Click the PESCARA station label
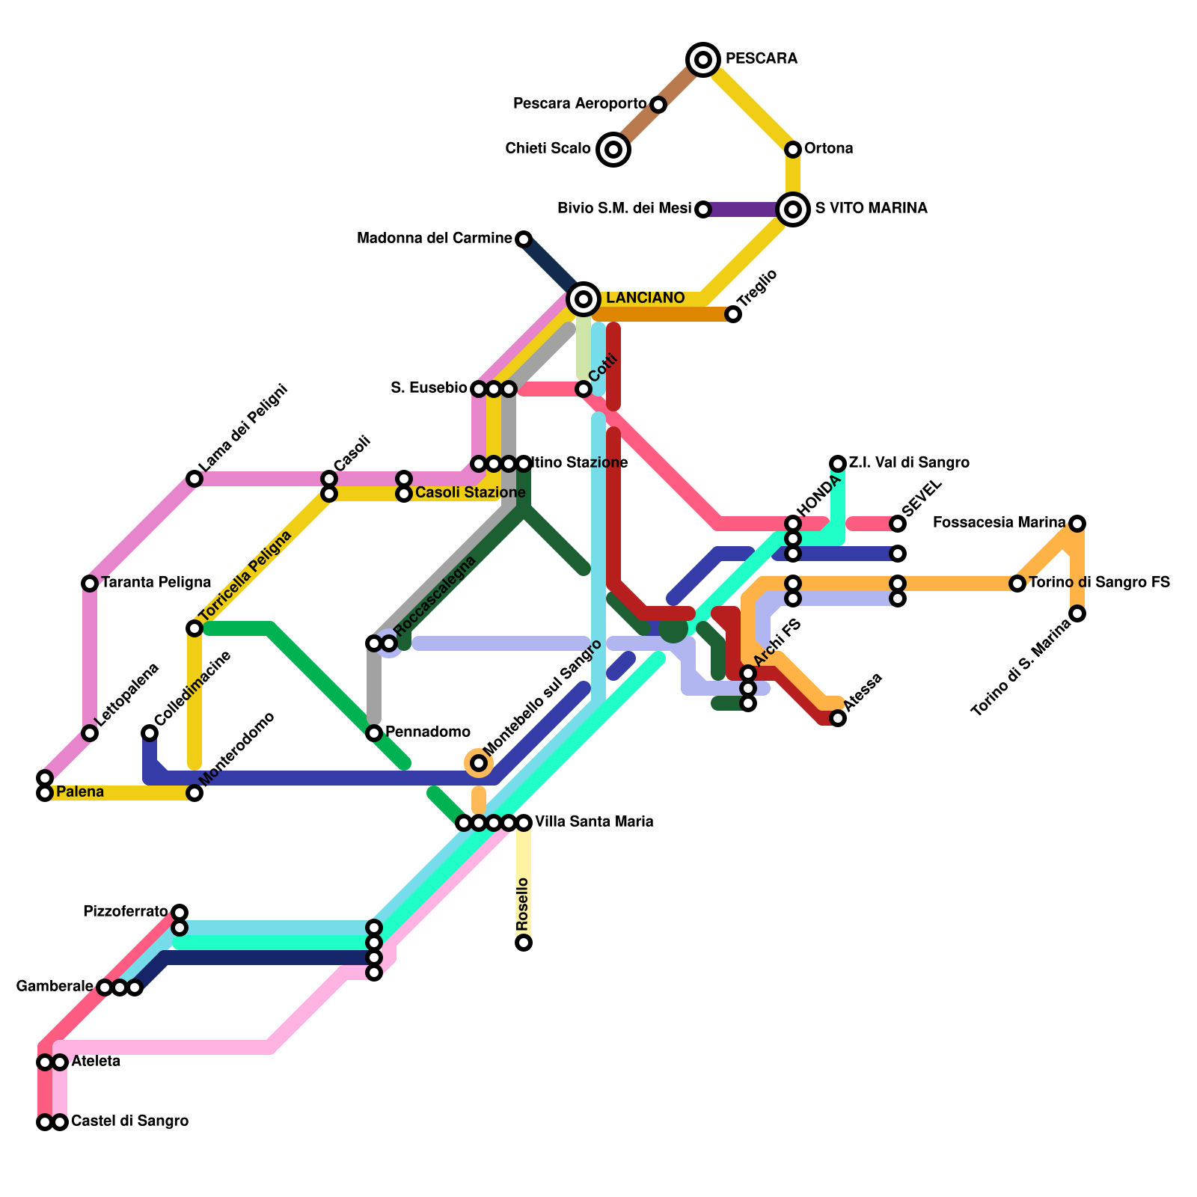coord(761,58)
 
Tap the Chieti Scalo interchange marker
coord(613,150)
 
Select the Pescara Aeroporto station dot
coord(658,105)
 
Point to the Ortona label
coord(828,148)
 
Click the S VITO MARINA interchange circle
coord(793,209)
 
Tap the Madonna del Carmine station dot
coord(524,239)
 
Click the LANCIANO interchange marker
coord(584,299)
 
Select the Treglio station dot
coord(733,314)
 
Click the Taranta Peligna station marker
coord(90,584)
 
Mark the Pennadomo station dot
coord(374,733)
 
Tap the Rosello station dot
coord(524,943)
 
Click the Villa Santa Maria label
coord(594,821)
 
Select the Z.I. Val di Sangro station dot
coord(838,464)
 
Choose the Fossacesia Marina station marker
coord(1077,524)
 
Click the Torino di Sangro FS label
coord(1099,582)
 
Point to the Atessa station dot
coord(838,718)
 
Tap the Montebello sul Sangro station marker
coord(479,763)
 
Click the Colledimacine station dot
coord(150,733)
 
